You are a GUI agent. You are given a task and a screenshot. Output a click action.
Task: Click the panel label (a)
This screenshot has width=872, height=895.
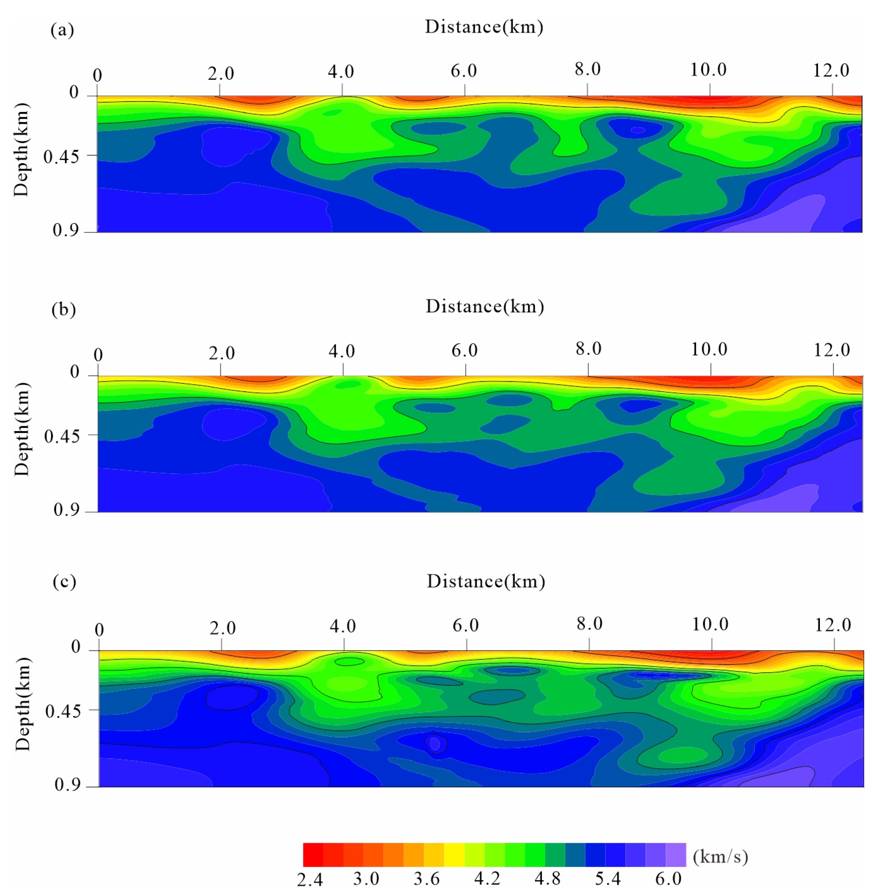point(62,30)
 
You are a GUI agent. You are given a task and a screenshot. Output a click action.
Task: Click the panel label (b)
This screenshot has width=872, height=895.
point(63,310)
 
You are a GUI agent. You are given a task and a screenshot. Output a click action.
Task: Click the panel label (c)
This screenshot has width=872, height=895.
point(64,582)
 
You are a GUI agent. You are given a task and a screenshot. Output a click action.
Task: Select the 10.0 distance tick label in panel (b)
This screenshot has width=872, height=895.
point(709,349)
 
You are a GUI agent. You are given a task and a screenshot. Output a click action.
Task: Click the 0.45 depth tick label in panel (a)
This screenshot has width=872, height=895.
point(61,157)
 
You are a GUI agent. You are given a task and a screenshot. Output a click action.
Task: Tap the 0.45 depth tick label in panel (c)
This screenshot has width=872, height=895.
point(63,711)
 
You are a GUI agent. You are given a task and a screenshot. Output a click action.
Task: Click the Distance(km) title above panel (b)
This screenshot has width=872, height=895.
point(485,306)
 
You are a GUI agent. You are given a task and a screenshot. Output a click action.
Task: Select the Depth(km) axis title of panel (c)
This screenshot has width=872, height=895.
point(22,704)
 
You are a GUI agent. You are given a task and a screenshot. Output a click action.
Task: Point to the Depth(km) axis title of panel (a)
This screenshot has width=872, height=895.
point(21,150)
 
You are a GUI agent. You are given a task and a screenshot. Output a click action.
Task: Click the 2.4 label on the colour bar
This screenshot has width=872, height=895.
point(310,880)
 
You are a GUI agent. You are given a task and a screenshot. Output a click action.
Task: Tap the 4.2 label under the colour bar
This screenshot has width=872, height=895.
point(487,879)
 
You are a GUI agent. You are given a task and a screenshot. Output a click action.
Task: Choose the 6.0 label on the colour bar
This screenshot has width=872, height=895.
point(668,879)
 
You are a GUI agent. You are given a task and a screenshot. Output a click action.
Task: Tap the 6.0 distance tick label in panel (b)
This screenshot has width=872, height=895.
point(464,350)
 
